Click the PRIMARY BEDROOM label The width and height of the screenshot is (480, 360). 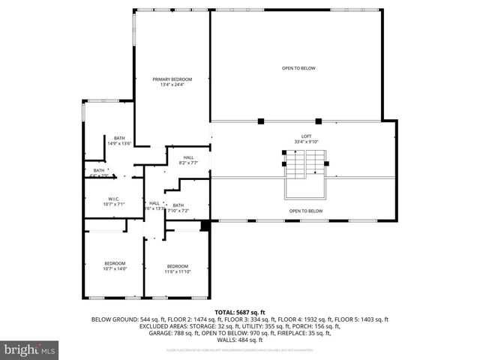click(x=172, y=79)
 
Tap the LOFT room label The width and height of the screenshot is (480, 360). click(x=295, y=136)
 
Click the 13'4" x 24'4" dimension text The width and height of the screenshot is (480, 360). click(x=172, y=85)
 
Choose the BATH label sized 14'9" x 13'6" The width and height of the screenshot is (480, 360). click(x=120, y=138)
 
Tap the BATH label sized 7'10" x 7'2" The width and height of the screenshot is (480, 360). click(x=178, y=205)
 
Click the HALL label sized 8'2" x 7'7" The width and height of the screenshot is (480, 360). click(x=188, y=157)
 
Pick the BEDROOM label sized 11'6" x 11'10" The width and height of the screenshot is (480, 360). click(x=178, y=266)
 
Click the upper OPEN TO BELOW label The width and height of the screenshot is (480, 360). click(x=298, y=68)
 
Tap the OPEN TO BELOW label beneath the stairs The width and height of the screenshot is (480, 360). click(x=306, y=211)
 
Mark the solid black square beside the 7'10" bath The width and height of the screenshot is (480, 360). click(x=205, y=226)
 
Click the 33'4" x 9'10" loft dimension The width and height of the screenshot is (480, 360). click(x=295, y=141)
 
